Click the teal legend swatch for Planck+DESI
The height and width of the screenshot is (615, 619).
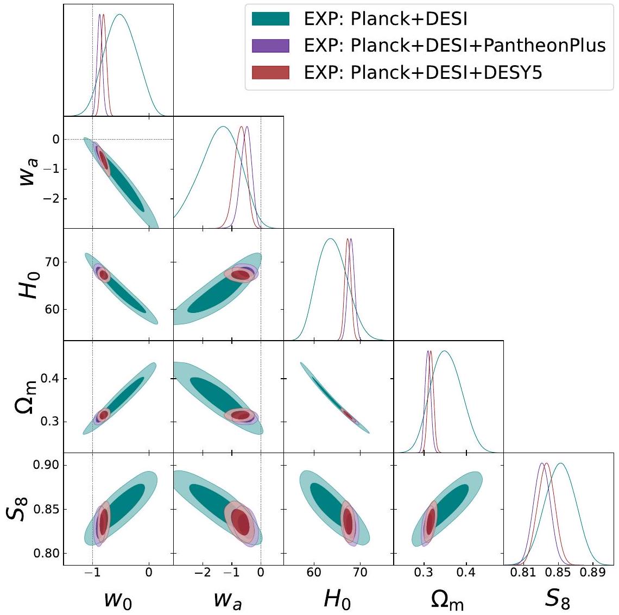pos(270,20)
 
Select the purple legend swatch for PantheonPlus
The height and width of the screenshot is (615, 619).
pos(270,46)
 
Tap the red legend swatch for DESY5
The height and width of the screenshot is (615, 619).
pos(270,72)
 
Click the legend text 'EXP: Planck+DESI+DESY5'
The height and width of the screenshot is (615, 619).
pos(423,72)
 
